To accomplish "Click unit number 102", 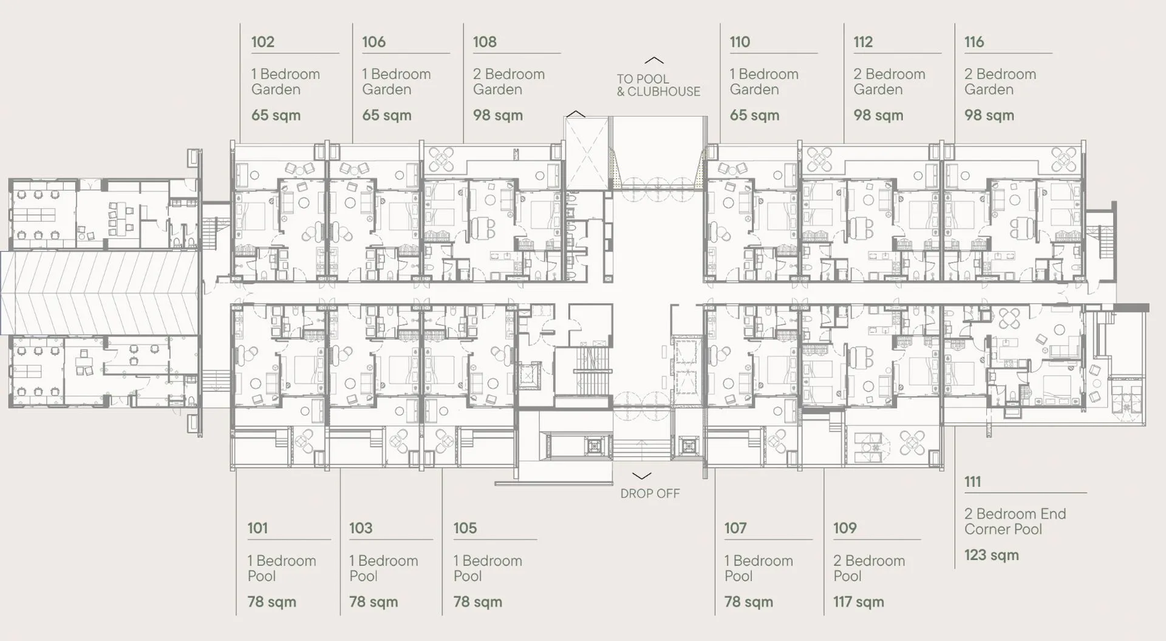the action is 263,42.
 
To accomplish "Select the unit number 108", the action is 485,42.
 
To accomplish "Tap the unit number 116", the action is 974,42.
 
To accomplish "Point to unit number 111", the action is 972,482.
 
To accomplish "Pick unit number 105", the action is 465,528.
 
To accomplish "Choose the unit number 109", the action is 845,528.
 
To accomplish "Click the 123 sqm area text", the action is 992,555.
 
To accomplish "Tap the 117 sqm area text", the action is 859,602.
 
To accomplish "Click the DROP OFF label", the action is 650,493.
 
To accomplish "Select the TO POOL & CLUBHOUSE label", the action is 658,85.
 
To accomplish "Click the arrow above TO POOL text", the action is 654,60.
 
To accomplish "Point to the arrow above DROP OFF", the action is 642,476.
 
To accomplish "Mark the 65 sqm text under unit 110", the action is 754,115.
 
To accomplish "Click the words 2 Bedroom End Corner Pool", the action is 1015,521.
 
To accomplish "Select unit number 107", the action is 735,528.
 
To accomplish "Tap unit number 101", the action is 257,528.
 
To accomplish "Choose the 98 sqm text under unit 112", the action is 878,115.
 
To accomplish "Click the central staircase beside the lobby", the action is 593,370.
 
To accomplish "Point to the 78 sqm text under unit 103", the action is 373,602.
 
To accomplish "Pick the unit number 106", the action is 373,42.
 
